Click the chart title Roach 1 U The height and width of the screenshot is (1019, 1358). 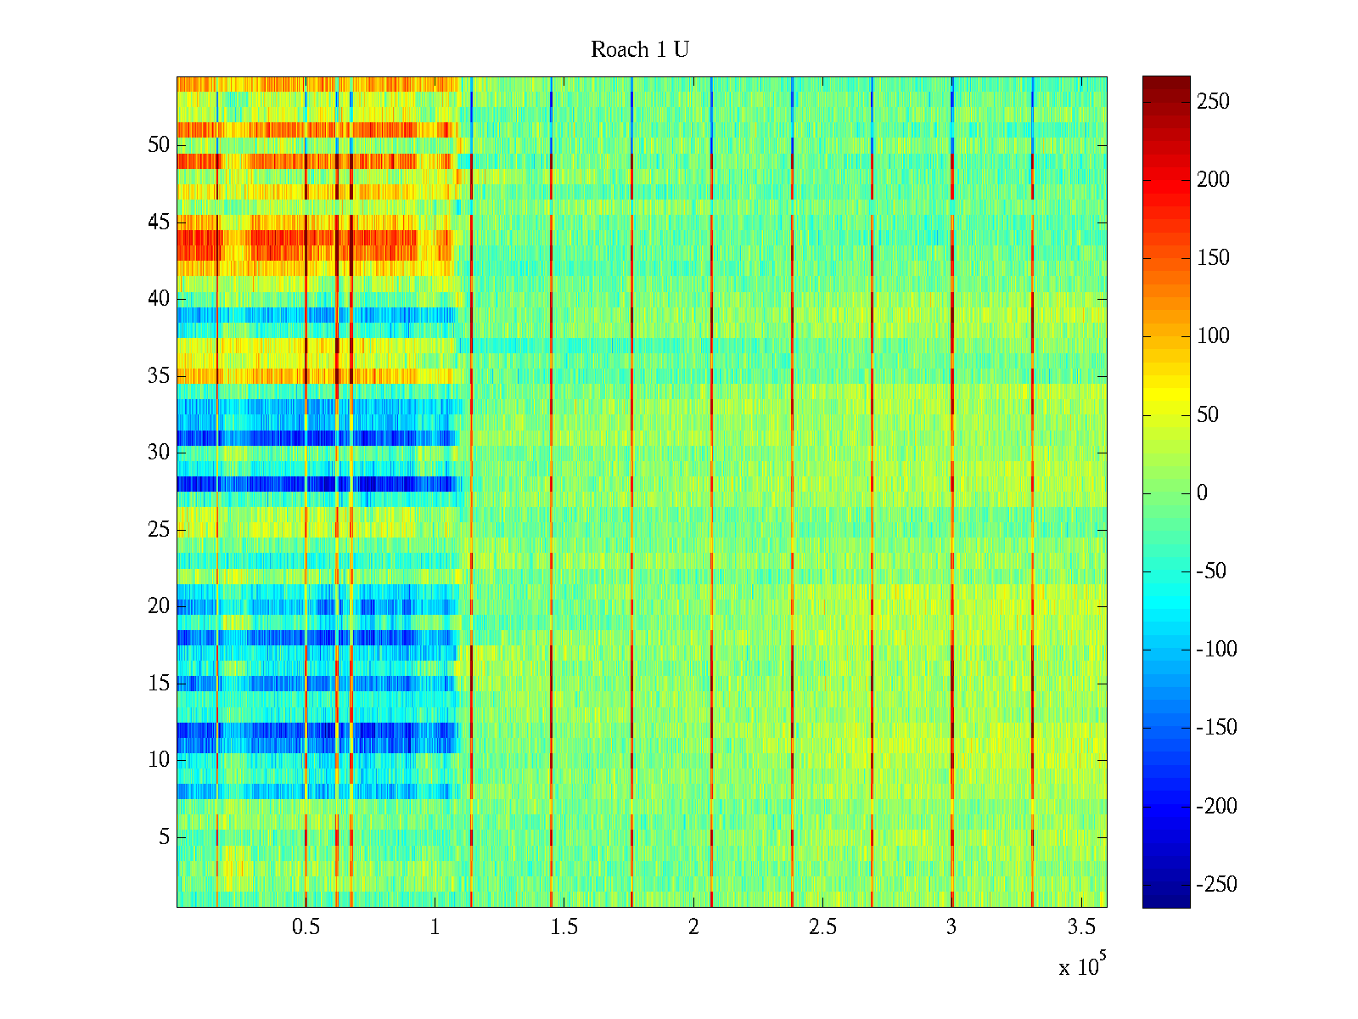coord(639,50)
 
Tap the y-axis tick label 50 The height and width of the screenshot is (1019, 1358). coord(159,145)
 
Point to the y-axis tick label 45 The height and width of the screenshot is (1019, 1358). coord(159,222)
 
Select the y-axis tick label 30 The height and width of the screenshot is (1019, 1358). coord(159,453)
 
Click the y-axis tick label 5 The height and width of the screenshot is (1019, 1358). coord(164,837)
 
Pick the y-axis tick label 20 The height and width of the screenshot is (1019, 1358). coord(159,606)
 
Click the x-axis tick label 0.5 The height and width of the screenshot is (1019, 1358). coord(306,927)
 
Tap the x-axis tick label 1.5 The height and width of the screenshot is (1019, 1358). coord(564,927)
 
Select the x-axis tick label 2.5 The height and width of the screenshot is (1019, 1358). coord(822,927)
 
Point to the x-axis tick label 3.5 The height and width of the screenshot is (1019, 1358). coord(1080,927)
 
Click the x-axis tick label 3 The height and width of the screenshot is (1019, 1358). coord(951,927)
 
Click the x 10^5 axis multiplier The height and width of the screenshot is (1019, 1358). coord(1081,966)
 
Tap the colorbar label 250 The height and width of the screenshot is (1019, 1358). coord(1213,102)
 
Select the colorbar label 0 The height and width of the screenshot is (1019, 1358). coord(1202,493)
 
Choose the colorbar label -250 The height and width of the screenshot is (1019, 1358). coord(1216,885)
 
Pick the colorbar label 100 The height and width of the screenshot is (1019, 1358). coord(1213,336)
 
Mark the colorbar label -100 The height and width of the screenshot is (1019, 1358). coord(1216,650)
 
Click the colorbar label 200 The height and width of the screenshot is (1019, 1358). coord(1213,180)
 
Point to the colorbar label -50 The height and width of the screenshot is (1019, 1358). coord(1211,571)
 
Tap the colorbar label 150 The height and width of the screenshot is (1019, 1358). coord(1213,258)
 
